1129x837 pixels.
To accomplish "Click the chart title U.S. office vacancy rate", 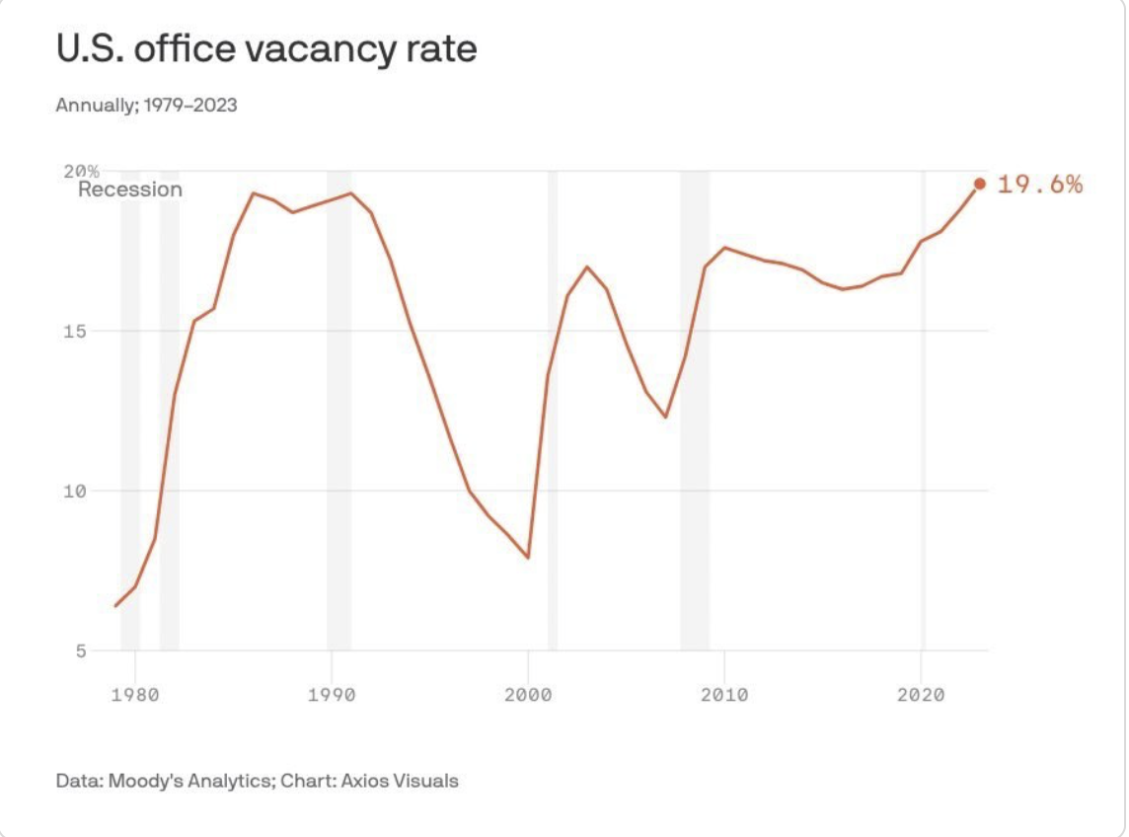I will [x=266, y=49].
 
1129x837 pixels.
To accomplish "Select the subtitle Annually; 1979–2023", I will [x=146, y=105].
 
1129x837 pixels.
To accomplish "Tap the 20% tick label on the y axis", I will [x=90, y=171].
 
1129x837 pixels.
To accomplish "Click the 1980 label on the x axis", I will [x=135, y=694].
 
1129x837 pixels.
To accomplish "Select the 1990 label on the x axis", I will [x=332, y=694].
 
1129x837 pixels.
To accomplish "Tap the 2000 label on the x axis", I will [x=528, y=694].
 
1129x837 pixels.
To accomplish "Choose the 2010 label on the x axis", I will [x=724, y=694].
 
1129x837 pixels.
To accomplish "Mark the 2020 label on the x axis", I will [x=921, y=694].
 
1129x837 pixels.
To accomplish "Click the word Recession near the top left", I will [x=130, y=190].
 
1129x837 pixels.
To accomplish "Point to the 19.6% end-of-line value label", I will [x=1039, y=184].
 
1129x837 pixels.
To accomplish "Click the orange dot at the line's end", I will [x=979, y=184].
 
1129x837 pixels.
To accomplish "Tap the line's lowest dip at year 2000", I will [x=528, y=558].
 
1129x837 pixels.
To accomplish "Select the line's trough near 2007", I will [x=666, y=417].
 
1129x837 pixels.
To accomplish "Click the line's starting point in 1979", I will [x=116, y=605].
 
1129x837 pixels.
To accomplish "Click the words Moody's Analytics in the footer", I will [x=188, y=781].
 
